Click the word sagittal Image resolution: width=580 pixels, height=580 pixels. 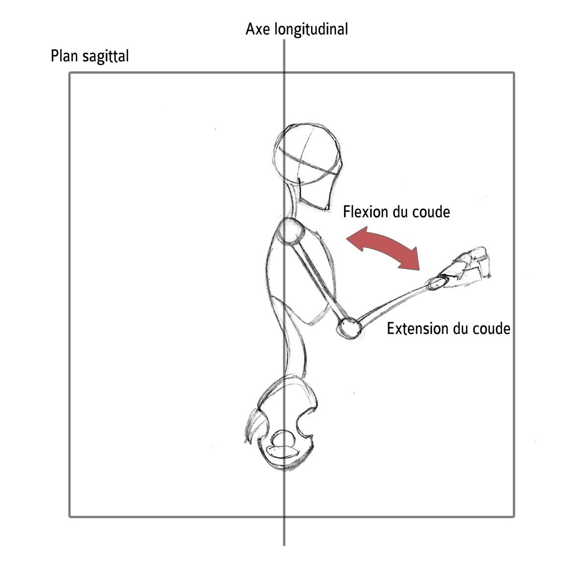click(105, 57)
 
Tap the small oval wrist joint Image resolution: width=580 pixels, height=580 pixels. click(436, 284)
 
